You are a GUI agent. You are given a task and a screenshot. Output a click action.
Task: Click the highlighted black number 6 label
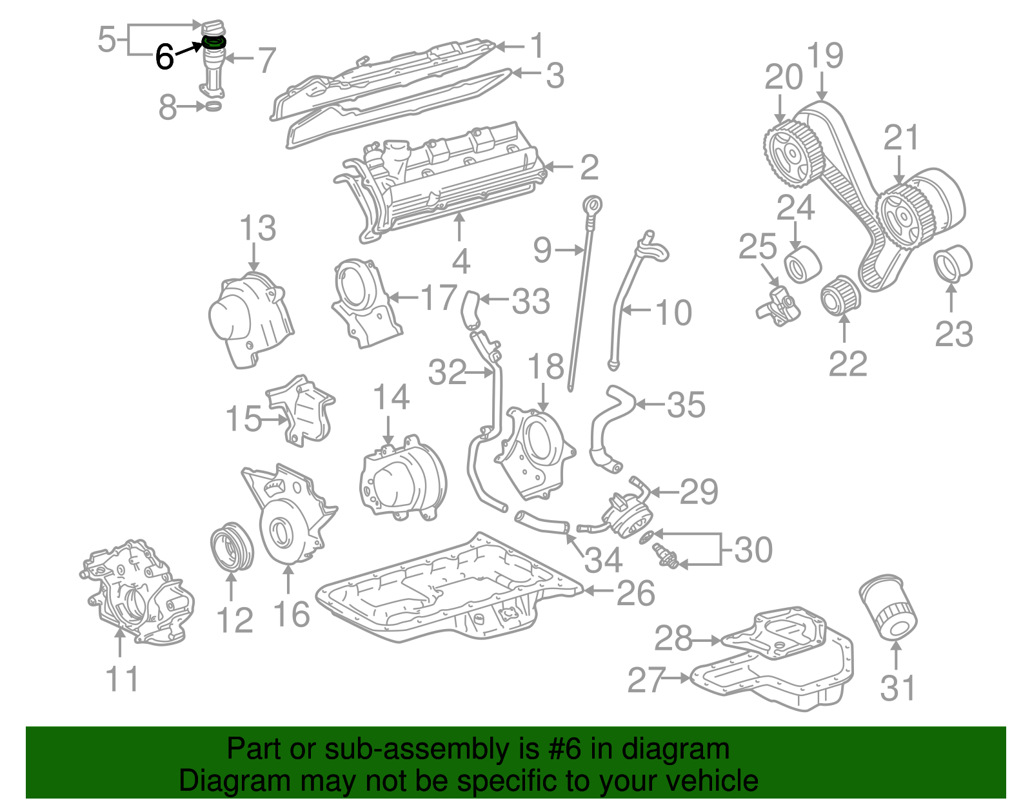164,57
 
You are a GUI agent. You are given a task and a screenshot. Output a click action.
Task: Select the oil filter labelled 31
889,609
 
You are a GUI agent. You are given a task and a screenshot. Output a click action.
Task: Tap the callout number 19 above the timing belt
824,56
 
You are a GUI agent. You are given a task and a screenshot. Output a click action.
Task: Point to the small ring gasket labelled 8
213,106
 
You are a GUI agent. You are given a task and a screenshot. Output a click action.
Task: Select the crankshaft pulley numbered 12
232,548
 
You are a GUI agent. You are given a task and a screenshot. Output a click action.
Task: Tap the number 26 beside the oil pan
635,594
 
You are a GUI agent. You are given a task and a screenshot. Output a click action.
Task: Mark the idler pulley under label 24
802,264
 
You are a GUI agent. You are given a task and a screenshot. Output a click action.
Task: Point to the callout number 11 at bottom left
122,679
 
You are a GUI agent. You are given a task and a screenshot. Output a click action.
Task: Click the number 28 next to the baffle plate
673,639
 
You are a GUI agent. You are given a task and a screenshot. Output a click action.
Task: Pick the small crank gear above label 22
840,296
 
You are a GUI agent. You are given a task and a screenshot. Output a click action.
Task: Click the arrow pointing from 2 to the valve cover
558,168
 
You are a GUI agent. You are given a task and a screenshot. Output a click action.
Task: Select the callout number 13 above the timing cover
258,229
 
